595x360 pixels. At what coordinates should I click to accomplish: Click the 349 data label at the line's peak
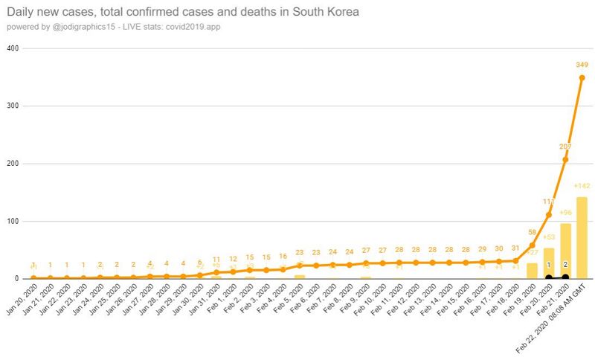(x=582, y=65)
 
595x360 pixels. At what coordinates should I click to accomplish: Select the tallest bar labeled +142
(x=582, y=238)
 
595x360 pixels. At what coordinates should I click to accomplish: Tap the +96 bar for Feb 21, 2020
(x=566, y=251)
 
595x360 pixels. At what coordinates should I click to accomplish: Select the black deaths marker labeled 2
(x=566, y=277)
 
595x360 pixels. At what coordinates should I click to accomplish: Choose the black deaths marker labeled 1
(x=549, y=277)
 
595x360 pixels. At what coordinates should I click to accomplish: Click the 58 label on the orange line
(x=533, y=233)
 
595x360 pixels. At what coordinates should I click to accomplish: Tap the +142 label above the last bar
(x=582, y=185)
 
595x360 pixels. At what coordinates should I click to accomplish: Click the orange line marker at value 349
(x=582, y=78)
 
